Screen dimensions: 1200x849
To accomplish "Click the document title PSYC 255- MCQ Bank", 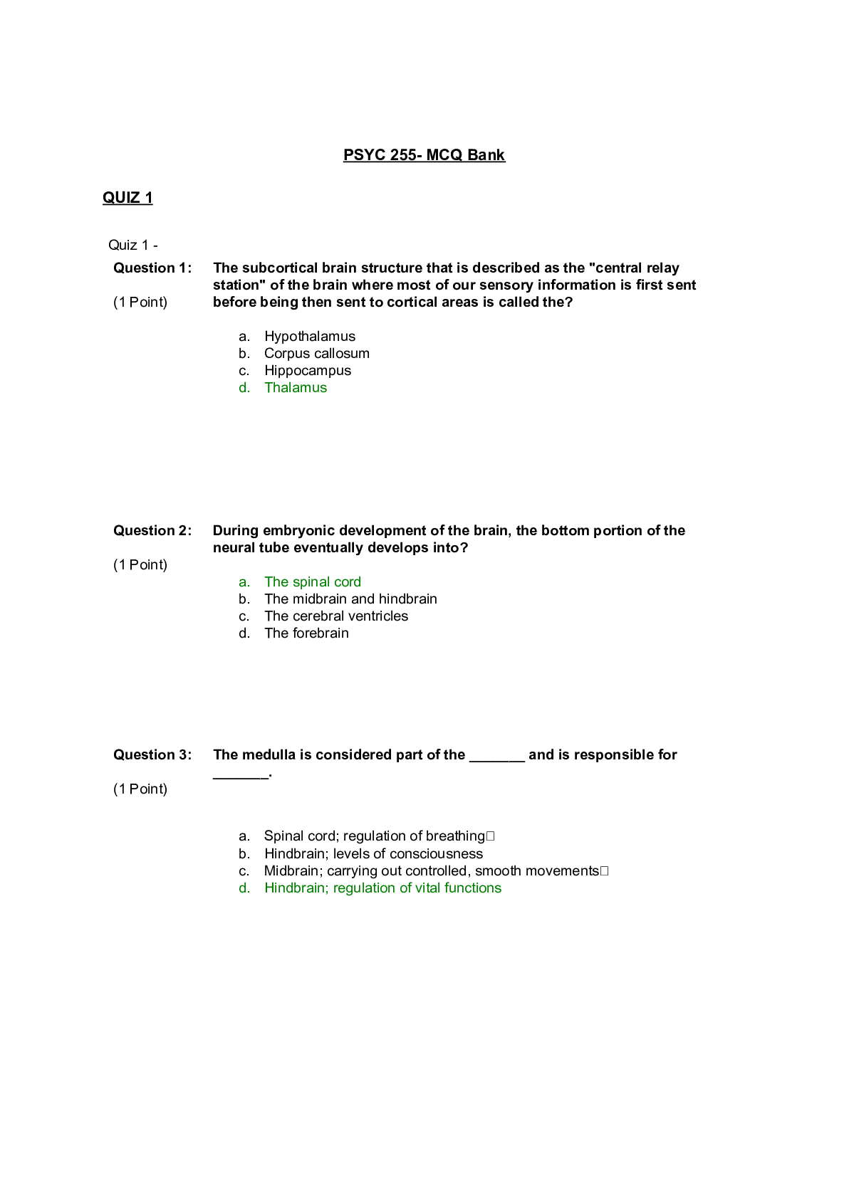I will pos(424,155).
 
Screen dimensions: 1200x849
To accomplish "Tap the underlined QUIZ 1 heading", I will pos(127,198).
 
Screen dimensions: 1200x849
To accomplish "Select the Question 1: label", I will pos(152,268).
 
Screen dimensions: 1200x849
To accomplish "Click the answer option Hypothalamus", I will pos(309,337).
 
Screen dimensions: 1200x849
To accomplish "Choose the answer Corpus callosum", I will pos(316,354).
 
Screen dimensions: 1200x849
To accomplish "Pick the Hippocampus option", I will pos(307,371).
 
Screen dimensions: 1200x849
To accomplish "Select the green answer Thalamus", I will pos(296,388).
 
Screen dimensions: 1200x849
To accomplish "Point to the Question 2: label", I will pos(152,531).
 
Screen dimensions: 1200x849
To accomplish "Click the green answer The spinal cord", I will pos(312,582).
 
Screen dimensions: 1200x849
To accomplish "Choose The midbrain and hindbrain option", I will pos(350,599).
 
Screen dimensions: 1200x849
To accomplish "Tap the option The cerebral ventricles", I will pos(336,616).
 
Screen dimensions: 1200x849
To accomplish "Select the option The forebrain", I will pos(306,633).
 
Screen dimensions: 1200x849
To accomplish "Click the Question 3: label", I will pos(152,755).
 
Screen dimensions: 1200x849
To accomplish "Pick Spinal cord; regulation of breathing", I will pos(374,836).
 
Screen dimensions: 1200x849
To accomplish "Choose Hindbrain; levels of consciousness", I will pos(373,854).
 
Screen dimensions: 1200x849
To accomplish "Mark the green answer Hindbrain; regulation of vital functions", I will pos(382,888).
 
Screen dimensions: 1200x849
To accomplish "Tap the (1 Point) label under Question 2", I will pos(140,565).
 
